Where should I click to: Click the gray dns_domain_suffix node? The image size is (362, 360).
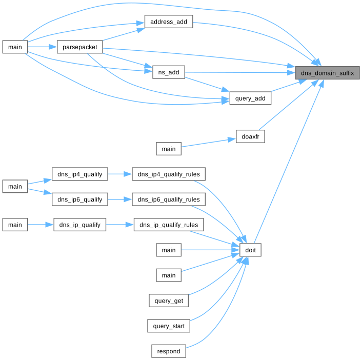point(327,73)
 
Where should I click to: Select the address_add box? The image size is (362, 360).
point(168,22)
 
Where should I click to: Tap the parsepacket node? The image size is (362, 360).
point(80,47)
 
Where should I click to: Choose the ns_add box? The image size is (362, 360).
point(168,72)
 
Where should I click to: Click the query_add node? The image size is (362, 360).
point(250,98)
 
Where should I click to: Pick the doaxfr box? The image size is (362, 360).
point(250,136)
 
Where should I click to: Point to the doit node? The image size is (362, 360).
point(250,250)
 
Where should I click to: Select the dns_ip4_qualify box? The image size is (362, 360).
point(80,174)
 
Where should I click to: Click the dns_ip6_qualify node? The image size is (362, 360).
point(80,199)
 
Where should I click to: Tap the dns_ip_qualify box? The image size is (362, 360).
point(80,225)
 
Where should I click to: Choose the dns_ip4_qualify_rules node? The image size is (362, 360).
point(169,174)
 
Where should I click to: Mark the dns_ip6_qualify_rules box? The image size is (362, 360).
point(169,199)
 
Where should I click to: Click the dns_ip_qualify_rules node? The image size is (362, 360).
point(169,225)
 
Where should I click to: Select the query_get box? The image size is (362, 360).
point(169,301)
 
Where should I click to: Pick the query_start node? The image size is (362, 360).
point(169,326)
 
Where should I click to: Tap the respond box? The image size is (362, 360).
point(169,351)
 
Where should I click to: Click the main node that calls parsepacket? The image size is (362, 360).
point(15,47)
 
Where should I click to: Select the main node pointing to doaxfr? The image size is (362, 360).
point(169,149)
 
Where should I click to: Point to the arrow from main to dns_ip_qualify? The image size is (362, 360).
point(41,225)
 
